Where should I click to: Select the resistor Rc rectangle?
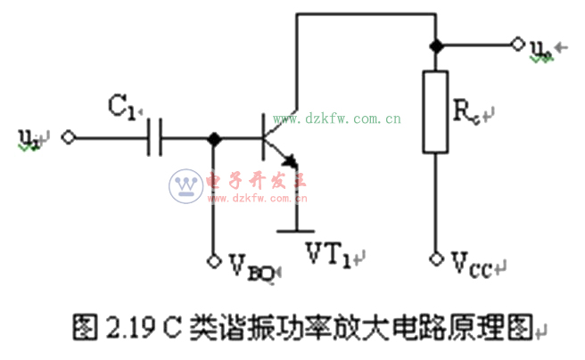(436, 112)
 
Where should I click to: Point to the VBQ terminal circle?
(213, 260)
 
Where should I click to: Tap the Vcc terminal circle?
(436, 259)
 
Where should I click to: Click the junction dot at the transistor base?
(213, 138)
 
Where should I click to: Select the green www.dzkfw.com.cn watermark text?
(337, 119)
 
